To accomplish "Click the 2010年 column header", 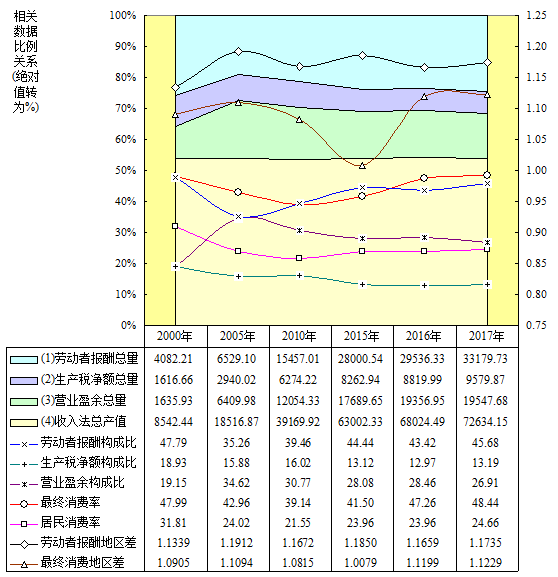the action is [x=299, y=336].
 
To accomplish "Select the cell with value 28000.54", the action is [x=360, y=358].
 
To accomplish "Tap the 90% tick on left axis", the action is [x=123, y=46].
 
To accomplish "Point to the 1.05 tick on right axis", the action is [x=536, y=139].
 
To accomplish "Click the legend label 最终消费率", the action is [x=70, y=502].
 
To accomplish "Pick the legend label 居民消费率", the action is [x=70, y=522].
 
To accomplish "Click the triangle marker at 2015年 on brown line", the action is [x=362, y=166].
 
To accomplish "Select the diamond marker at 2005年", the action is [x=238, y=51].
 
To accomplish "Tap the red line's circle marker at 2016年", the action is [x=424, y=178].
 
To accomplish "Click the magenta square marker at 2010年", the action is [x=299, y=258].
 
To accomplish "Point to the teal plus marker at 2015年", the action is [x=362, y=284].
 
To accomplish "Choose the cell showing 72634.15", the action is [x=485, y=421].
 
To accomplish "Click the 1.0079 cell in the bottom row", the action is [x=360, y=562].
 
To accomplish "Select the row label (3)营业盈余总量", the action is [x=84, y=400].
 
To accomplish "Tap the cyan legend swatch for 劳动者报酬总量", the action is [x=24, y=360].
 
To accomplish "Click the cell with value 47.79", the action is [x=173, y=442].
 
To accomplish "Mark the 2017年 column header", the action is [x=486, y=336].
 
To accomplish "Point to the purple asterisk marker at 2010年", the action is [x=300, y=230].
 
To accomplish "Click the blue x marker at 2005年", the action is [x=238, y=216].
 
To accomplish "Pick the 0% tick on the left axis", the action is [x=128, y=325].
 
